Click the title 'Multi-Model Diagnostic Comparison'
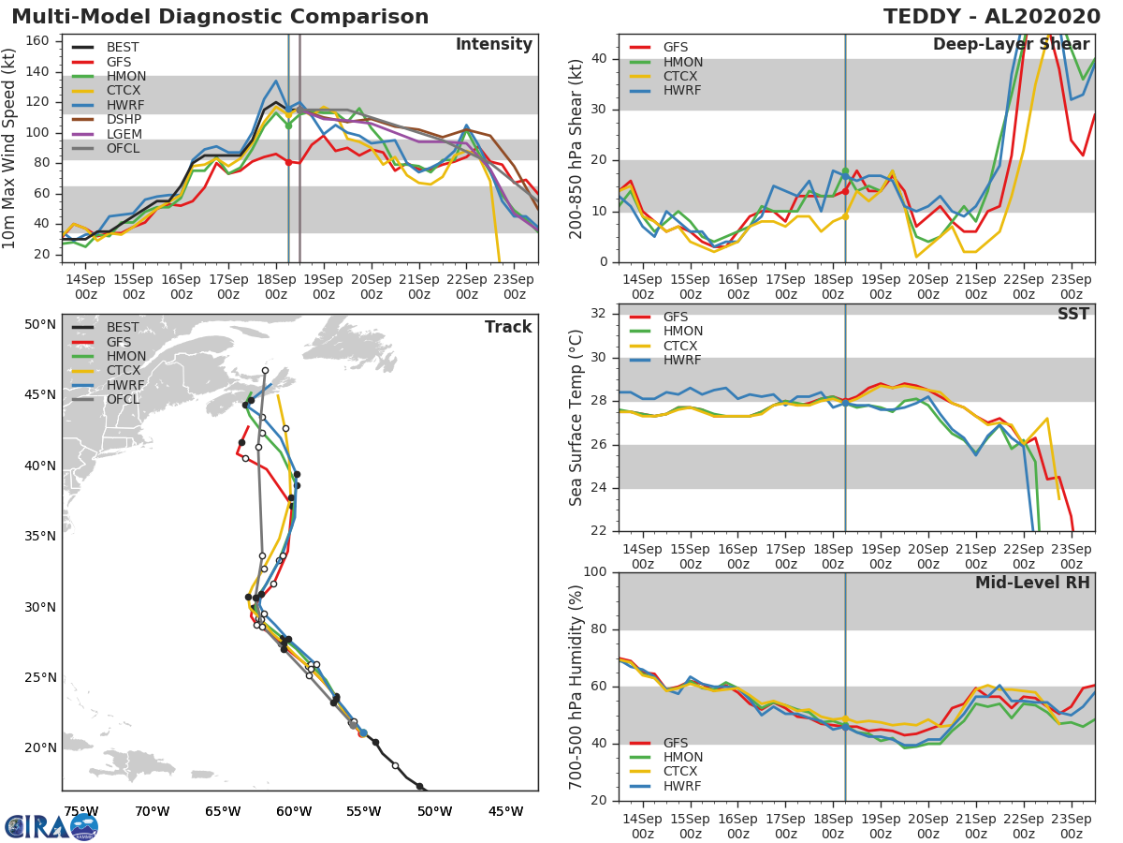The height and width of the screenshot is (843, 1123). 220,17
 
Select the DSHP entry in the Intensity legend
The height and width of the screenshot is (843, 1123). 125,121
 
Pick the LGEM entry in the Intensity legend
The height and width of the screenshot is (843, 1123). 125,135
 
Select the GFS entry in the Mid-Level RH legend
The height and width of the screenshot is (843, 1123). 682,743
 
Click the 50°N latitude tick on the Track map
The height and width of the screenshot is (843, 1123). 40,325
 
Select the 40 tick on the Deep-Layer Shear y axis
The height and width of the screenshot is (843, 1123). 599,59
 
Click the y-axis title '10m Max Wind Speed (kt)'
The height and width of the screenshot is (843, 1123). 11,148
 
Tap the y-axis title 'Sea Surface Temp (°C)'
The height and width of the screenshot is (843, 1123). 576,418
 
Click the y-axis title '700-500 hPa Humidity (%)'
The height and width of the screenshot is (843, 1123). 576,686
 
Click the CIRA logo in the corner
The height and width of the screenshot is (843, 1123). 51,826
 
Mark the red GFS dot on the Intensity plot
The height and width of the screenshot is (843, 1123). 288,162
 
